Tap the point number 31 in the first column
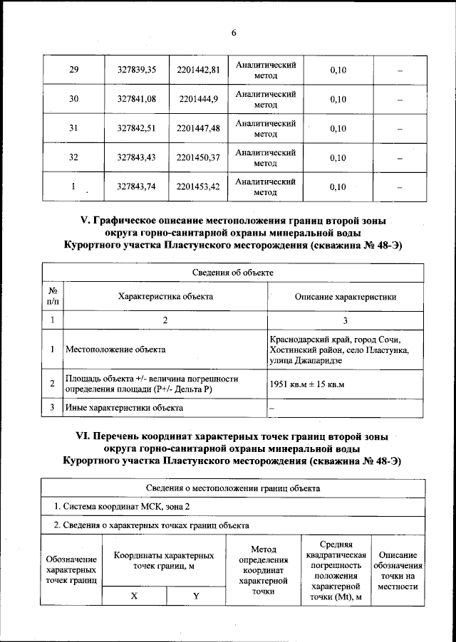click(x=73, y=128)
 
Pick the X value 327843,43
click(x=141, y=157)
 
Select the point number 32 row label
click(x=73, y=157)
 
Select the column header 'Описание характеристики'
click(x=346, y=297)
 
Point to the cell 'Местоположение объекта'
click(x=115, y=349)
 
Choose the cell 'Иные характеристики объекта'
click(x=124, y=408)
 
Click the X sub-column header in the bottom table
click(x=134, y=596)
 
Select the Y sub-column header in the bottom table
click(x=196, y=596)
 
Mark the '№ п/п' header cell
click(x=53, y=297)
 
